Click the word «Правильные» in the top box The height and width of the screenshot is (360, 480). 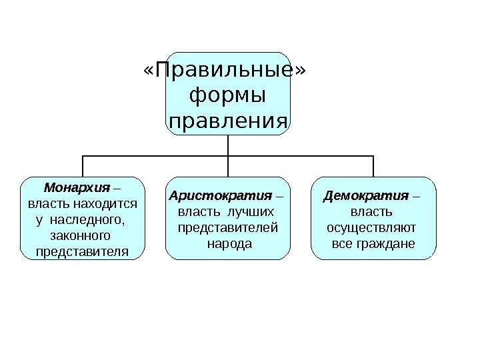pyautogui.click(x=227, y=71)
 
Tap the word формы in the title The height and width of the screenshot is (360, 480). pyautogui.click(x=227, y=96)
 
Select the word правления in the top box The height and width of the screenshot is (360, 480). pyautogui.click(x=227, y=122)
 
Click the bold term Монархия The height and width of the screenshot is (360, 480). pyautogui.click(x=75, y=187)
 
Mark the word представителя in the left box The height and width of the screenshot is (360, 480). pyautogui.click(x=81, y=251)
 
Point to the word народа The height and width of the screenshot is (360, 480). pyautogui.click(x=229, y=244)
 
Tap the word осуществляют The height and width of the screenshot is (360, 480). pyautogui.click(x=372, y=229)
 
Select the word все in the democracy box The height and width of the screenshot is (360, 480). pyautogui.click(x=341, y=244)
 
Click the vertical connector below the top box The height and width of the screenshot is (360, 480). pyautogui.click(x=228, y=145)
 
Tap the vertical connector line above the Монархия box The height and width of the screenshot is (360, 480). pyautogui.click(x=83, y=166)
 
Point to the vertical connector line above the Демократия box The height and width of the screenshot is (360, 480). pyautogui.click(x=373, y=166)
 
